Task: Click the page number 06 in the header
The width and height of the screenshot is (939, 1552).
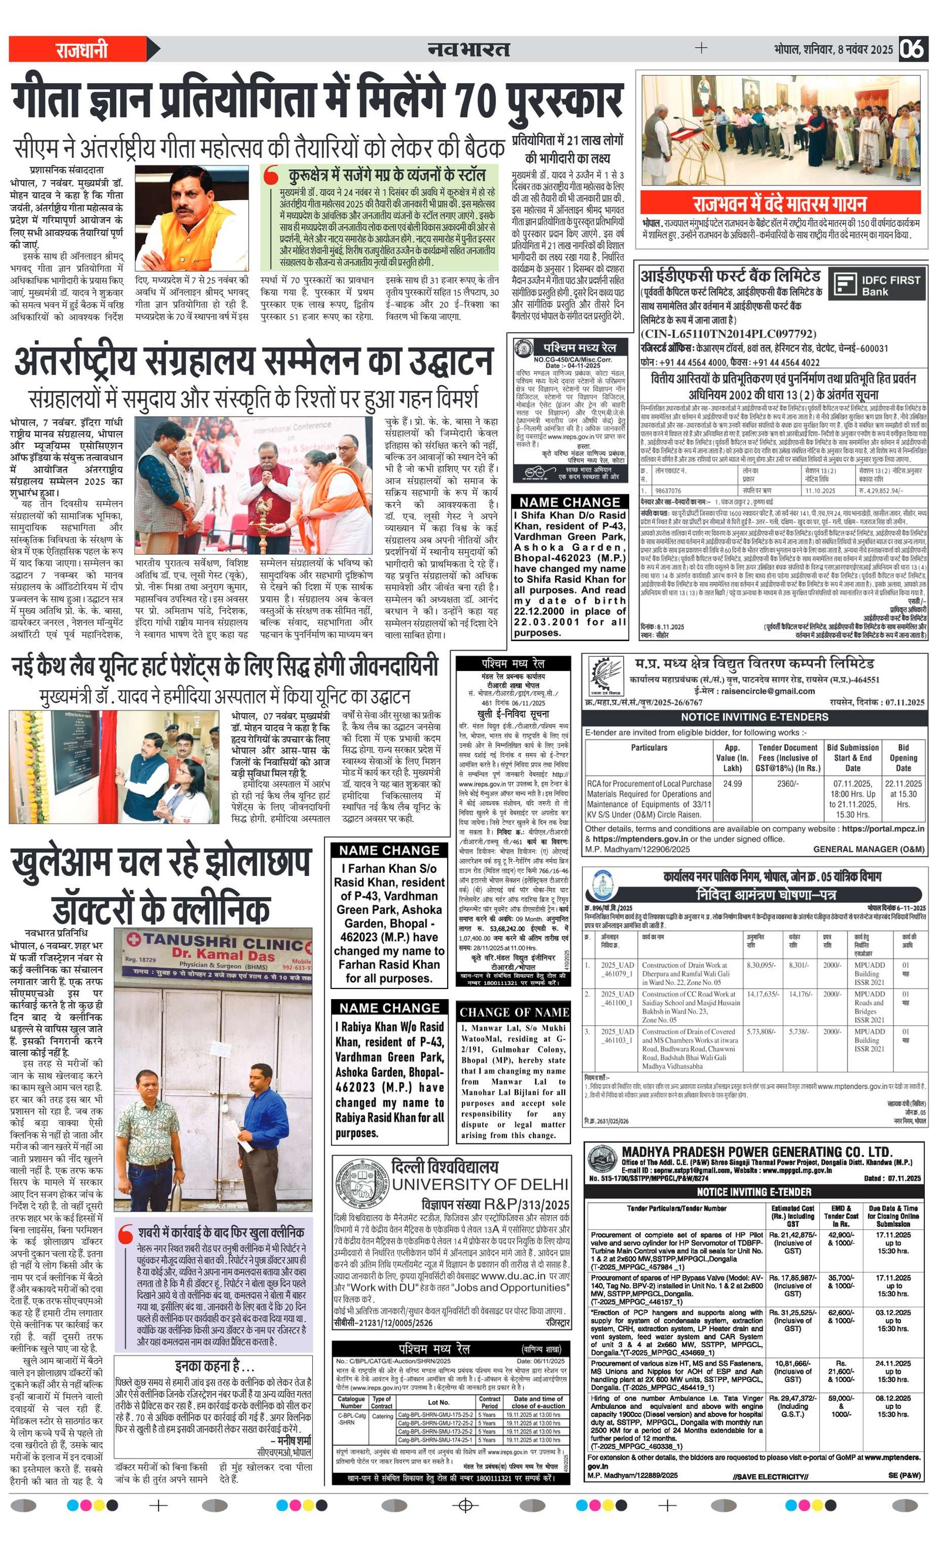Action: coord(913,49)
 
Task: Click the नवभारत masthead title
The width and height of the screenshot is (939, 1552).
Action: coord(468,49)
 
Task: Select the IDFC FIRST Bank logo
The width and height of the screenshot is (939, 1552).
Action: coord(877,285)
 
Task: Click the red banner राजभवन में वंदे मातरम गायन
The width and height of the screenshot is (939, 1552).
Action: coord(780,204)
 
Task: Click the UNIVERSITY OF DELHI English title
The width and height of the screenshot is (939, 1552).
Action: coord(480,1184)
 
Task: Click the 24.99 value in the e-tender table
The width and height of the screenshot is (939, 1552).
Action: coord(732,784)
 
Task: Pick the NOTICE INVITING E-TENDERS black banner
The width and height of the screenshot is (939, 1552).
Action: coord(754,717)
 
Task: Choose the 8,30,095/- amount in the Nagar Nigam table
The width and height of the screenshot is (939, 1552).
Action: coord(761,965)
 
